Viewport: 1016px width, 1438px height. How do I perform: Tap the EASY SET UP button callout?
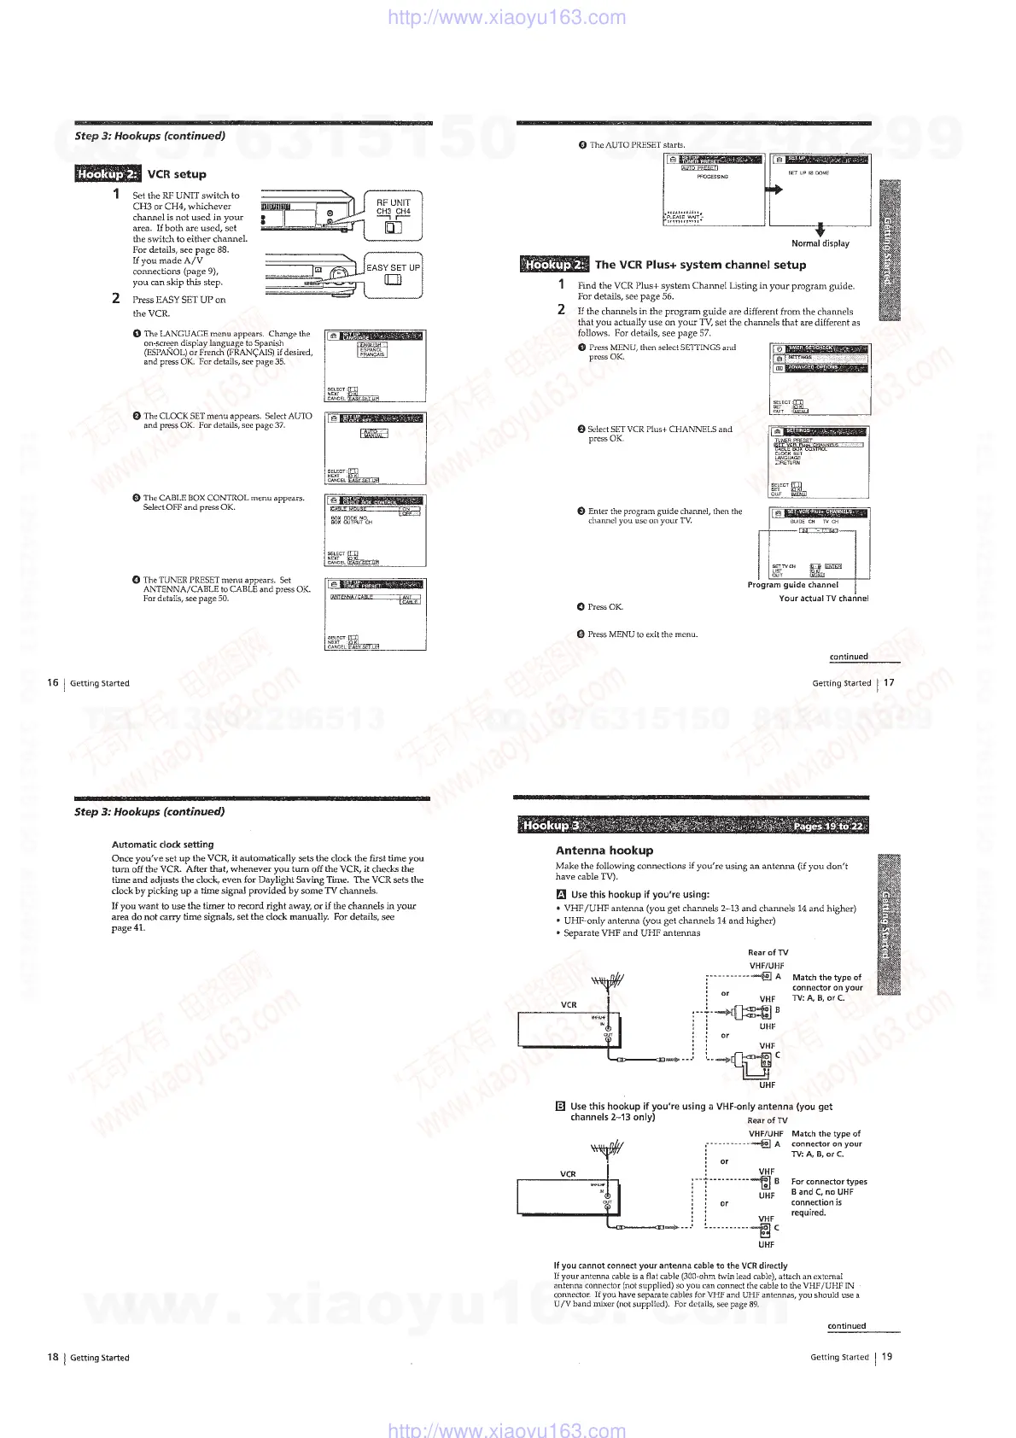394,275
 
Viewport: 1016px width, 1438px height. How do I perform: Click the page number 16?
53,682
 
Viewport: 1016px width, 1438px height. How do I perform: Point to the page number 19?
887,1356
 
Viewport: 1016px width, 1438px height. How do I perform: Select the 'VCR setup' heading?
177,174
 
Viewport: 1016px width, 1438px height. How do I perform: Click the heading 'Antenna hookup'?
604,851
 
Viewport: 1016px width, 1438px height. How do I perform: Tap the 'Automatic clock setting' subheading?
162,845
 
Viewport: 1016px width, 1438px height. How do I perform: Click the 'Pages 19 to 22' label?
827,826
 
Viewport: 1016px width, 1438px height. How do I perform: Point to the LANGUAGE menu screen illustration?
376,365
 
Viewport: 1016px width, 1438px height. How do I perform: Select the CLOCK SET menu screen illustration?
376,447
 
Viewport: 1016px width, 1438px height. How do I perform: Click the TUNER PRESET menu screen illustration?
376,613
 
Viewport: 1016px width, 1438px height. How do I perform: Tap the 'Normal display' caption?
820,243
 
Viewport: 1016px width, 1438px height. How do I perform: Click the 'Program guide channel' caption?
792,585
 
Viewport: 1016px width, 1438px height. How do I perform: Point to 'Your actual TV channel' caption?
823,599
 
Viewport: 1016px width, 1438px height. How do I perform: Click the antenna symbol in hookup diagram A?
607,981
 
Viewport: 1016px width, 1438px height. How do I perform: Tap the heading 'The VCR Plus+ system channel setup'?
700,265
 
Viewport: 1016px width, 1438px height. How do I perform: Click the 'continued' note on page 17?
849,657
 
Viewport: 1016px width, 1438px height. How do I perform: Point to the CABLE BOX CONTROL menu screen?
376,529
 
